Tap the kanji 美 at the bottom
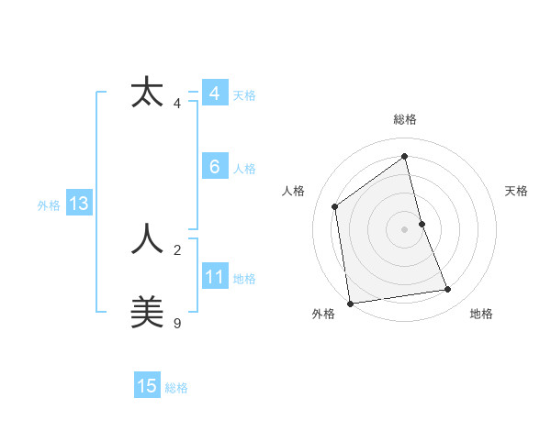[x=147, y=312]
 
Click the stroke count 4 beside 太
[x=177, y=104]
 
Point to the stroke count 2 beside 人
[x=177, y=249]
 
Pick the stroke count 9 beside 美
[x=177, y=323]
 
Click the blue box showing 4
[x=214, y=94]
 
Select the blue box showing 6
[x=214, y=167]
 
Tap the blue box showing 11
[x=214, y=277]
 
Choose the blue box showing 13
[x=78, y=204]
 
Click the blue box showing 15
[x=147, y=386]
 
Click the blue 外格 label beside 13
[x=49, y=205]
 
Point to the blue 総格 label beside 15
[x=176, y=388]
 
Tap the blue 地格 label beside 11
[x=244, y=279]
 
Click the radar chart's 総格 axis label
[x=405, y=119]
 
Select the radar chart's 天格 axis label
[x=516, y=191]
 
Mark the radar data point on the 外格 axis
[x=350, y=303]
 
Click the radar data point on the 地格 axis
[x=448, y=290]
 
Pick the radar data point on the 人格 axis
[x=335, y=206]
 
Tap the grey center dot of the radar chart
[x=405, y=228]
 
